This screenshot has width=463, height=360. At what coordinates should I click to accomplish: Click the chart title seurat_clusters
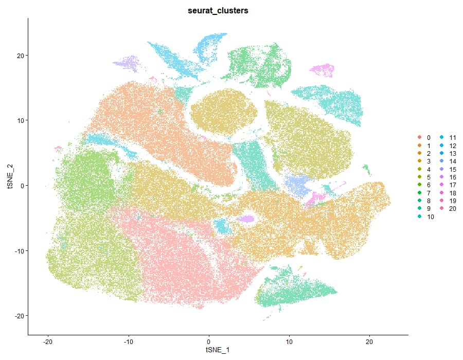coord(218,11)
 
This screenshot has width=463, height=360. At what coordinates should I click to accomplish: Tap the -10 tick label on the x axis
coord(128,341)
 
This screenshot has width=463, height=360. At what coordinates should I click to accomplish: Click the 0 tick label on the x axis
coord(209,341)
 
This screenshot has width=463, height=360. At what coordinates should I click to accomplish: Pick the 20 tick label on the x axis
coord(369,341)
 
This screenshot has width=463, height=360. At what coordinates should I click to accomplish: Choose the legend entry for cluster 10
coord(428,217)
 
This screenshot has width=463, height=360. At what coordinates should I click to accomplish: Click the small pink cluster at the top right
coord(323,69)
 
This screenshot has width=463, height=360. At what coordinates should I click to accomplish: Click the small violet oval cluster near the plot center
coord(248,219)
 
